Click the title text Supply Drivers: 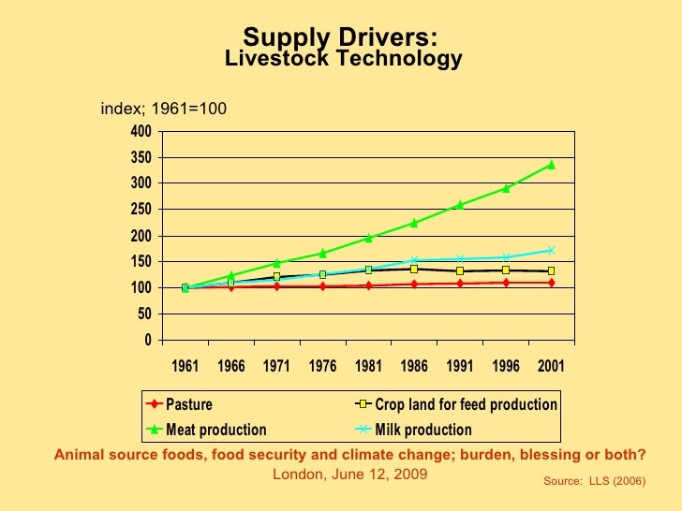pos(340,37)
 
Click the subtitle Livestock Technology pos(344,60)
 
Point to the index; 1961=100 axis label pos(164,109)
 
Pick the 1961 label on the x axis pos(185,366)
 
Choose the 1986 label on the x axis pos(414,366)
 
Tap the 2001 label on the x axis pos(551,366)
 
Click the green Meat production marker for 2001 pos(551,165)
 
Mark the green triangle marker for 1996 pos(506,188)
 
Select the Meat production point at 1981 pos(369,238)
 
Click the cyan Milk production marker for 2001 pos(551,250)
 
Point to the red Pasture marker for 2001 pos(551,283)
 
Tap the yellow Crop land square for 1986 pos(414,269)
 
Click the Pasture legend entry pos(188,405)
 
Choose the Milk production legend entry pos(423,431)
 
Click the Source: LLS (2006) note pos(594,479)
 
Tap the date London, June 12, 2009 pos(349,474)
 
